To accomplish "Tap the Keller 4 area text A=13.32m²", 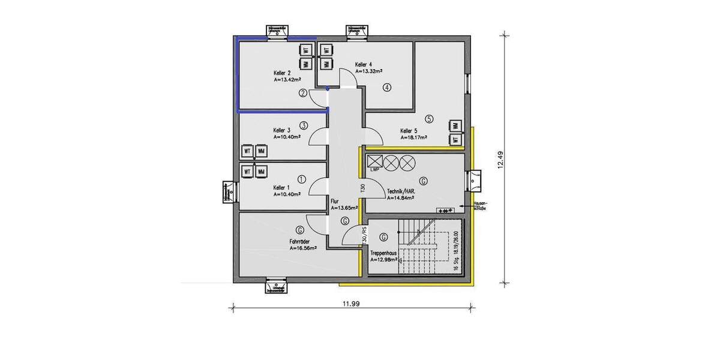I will pyautogui.click(x=371, y=71).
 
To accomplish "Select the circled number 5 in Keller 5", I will pyautogui.click(x=428, y=119).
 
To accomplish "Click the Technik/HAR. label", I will pyautogui.click(x=403, y=190).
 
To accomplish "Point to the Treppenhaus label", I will pyautogui.click(x=383, y=254).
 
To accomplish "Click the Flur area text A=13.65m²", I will pyautogui.click(x=344, y=208).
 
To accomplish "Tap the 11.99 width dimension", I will pyautogui.click(x=352, y=304).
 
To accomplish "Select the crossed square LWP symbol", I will pyautogui.click(x=374, y=161).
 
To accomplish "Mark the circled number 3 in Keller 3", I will pyautogui.click(x=304, y=125).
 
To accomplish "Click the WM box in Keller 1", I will pyautogui.click(x=261, y=172).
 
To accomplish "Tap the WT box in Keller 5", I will pyautogui.click(x=455, y=140).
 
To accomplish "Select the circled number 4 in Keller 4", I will pyautogui.click(x=387, y=88).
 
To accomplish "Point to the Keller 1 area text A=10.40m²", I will pyautogui.click(x=286, y=194).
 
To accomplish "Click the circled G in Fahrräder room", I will pyautogui.click(x=299, y=229).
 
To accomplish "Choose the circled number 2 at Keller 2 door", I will pyautogui.click(x=304, y=93).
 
